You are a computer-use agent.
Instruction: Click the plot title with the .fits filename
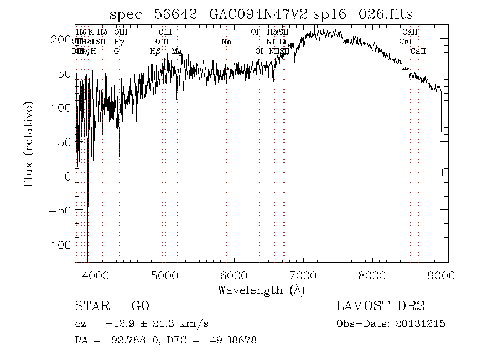tap(262, 14)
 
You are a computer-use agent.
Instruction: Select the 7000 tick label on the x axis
tap(303, 275)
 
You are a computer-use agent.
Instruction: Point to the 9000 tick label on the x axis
tap(441, 275)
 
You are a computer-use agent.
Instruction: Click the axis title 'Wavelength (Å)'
tap(261, 290)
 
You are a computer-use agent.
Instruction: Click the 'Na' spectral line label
tap(226, 42)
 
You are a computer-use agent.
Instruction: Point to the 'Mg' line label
tap(177, 51)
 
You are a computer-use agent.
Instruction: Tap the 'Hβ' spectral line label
tap(155, 51)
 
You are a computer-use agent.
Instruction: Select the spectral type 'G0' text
tap(140, 307)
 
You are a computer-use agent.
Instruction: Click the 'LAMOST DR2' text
tap(380, 307)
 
